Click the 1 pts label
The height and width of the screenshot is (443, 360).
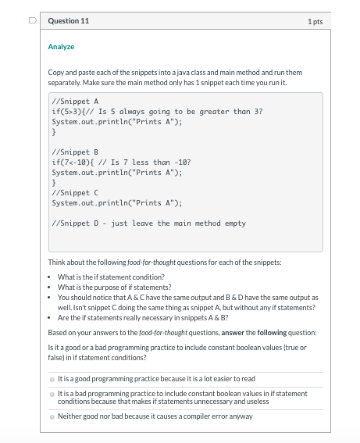(317, 21)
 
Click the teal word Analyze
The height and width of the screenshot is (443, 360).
(61, 47)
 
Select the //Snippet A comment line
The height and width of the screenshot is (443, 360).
(74, 102)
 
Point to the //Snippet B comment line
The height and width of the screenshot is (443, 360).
(74, 152)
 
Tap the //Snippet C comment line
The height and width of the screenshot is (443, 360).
(74, 192)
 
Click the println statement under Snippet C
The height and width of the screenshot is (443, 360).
(116, 202)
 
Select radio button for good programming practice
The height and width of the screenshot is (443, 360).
(52, 379)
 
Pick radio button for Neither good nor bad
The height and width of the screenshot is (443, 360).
(52, 416)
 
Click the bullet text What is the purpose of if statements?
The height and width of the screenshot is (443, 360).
(109, 288)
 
